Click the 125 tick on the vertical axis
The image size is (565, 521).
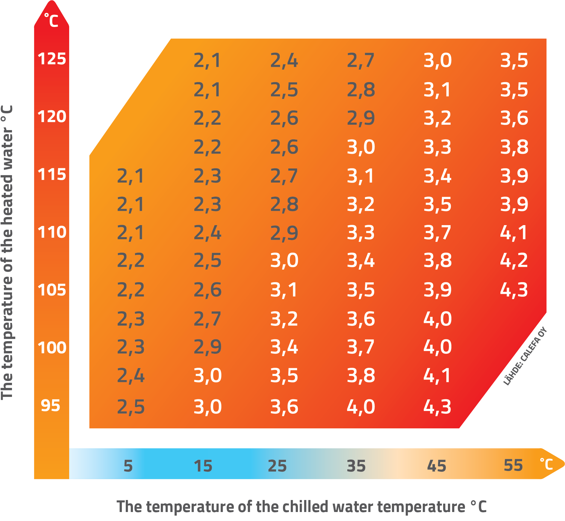point(51,58)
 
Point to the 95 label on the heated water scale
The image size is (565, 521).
point(50,406)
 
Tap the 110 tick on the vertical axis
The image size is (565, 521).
point(51,232)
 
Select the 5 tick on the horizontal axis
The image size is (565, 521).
point(128,466)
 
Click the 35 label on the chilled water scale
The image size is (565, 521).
point(356,466)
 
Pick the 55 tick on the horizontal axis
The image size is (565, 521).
point(513,465)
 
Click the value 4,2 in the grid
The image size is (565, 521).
point(514,260)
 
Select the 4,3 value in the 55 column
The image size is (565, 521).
point(514,290)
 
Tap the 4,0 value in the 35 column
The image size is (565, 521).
point(361,407)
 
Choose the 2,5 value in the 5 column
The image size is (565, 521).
point(131,407)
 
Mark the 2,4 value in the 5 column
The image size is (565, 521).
point(131,375)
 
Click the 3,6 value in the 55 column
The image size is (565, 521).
point(514,118)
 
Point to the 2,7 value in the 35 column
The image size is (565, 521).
point(360,60)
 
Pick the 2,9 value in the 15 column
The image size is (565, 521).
point(207,347)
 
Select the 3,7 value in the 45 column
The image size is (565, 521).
point(437,232)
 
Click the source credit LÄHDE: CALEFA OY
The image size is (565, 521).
point(525,356)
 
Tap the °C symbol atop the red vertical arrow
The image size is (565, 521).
point(51,20)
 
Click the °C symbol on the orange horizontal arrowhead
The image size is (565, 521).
point(546,464)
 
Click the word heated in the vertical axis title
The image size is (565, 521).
point(7,204)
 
